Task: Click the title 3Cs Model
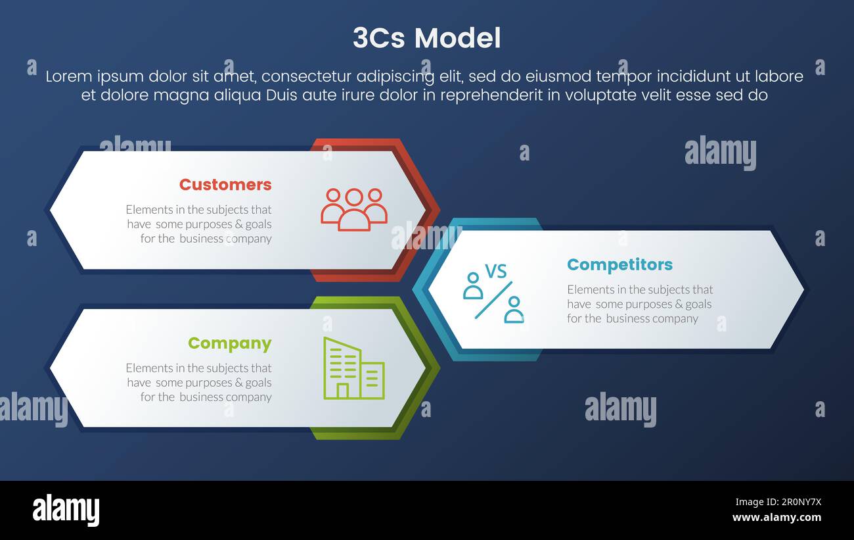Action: (426, 38)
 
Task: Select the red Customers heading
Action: (225, 185)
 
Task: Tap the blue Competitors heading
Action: (619, 264)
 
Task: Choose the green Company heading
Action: (229, 343)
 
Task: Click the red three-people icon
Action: (353, 210)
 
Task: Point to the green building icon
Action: (353, 368)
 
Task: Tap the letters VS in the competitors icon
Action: (495, 271)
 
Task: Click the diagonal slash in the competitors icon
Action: (493, 300)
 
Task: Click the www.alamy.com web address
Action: (776, 518)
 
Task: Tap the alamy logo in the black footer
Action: (66, 510)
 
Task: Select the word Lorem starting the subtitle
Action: (67, 76)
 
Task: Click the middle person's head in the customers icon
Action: (353, 197)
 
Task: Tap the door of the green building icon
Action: (342, 391)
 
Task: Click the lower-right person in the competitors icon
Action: (514, 310)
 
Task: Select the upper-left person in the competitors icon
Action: (472, 286)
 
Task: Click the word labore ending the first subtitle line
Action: (780, 76)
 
